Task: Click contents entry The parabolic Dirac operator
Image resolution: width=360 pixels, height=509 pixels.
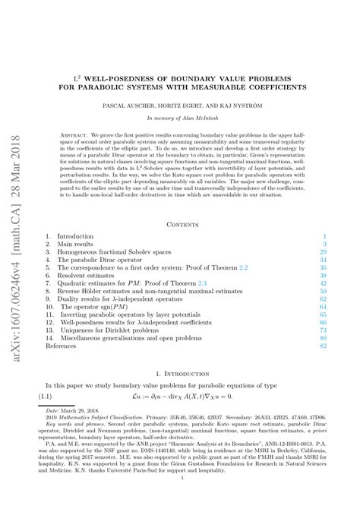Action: point(103,260)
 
